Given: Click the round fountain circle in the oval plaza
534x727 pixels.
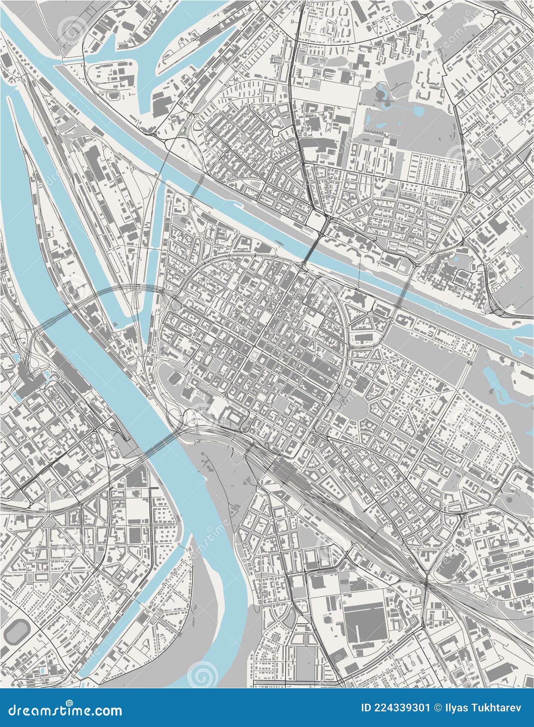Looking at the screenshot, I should (343, 400).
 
